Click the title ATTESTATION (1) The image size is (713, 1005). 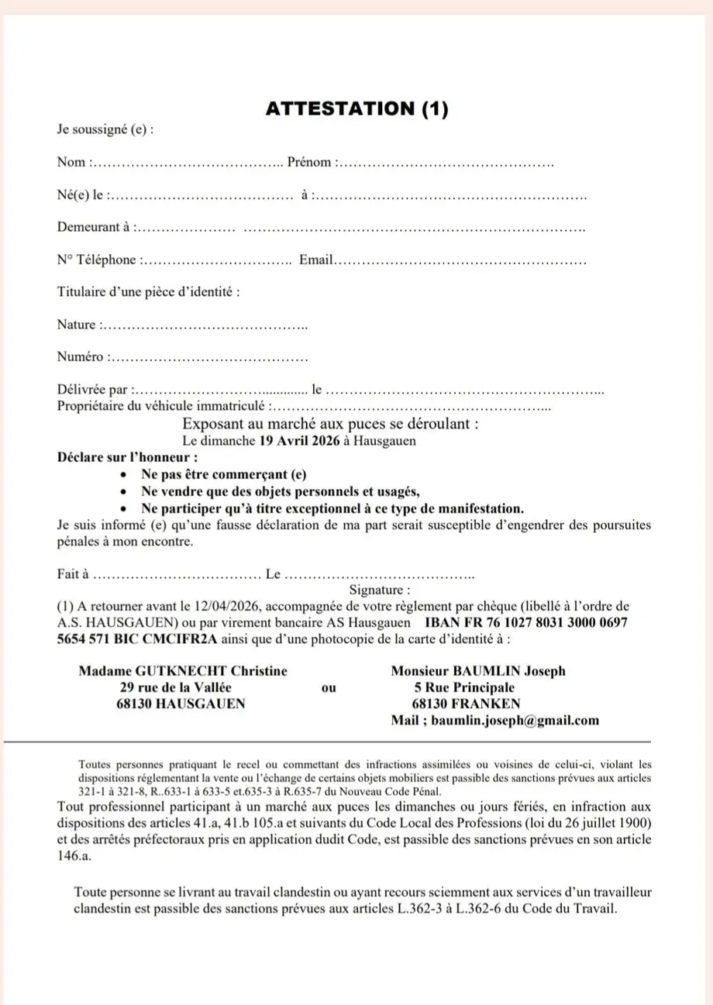tap(356, 109)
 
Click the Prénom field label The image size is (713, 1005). tap(311, 163)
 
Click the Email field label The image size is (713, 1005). tap(315, 260)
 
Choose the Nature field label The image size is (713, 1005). tap(77, 325)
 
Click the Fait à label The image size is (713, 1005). tap(74, 575)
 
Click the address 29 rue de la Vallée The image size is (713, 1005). tap(175, 687)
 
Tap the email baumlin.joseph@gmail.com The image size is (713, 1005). tap(515, 721)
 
